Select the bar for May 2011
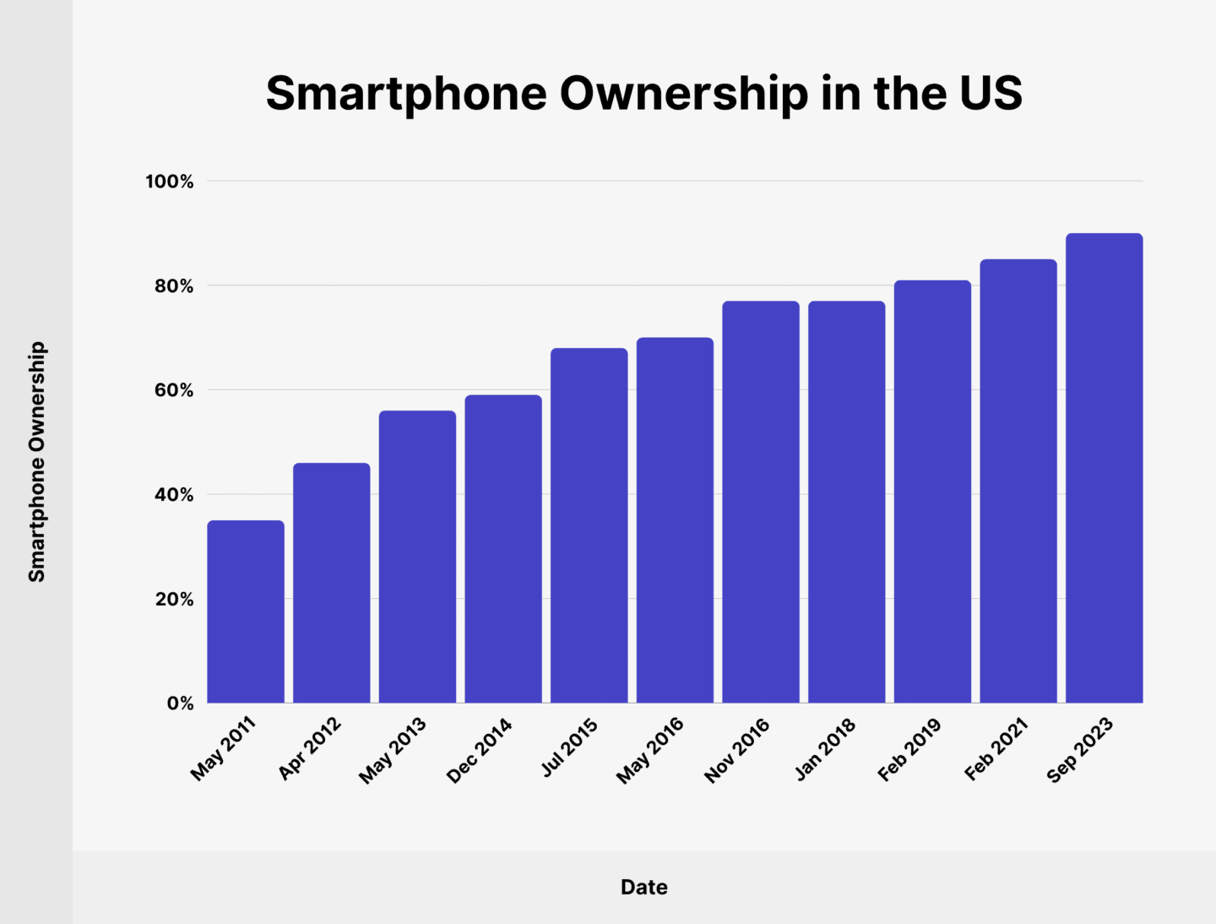[x=246, y=611]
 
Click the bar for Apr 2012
[x=331, y=583]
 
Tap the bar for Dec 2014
[x=503, y=549]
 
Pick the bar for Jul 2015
[x=589, y=525]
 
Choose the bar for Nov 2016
[x=761, y=502]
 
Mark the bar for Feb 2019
[x=932, y=492]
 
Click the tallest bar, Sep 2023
[x=1104, y=468]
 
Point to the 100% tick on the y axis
[x=170, y=182]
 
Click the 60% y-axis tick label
[x=174, y=390]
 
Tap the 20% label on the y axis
[x=174, y=600]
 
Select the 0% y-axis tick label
[x=180, y=704]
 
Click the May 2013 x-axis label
[x=393, y=750]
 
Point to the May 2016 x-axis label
[x=649, y=750]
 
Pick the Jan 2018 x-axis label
[x=825, y=748]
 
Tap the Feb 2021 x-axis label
[x=996, y=748]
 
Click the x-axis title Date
[x=643, y=887]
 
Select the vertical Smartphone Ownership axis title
[x=36, y=461]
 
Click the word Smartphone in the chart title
[x=406, y=93]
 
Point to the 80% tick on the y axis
[x=174, y=286]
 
